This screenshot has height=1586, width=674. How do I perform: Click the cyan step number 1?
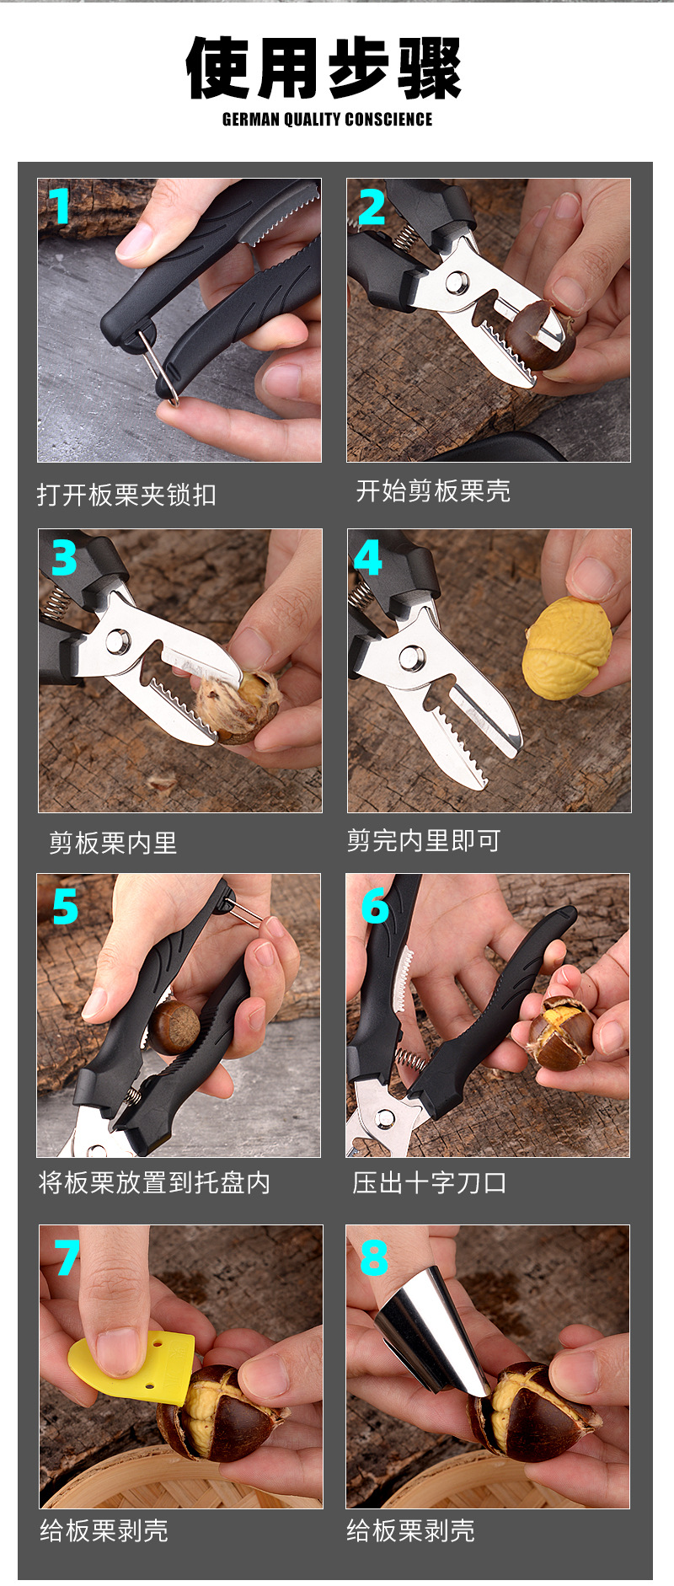point(60,206)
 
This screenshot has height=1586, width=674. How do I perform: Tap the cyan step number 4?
point(368,557)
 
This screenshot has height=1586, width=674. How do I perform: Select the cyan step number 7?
point(67,1257)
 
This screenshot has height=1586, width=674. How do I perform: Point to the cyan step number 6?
point(375,907)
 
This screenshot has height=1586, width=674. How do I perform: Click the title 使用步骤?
point(324,68)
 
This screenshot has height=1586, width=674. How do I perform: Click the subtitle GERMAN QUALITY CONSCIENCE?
point(327,120)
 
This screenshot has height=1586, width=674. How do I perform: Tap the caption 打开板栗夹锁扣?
point(126,495)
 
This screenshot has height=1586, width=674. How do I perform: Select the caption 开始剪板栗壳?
point(433,490)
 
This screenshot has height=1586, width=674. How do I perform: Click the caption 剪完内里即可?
point(424,840)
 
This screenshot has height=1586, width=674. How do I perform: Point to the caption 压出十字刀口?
point(430,1182)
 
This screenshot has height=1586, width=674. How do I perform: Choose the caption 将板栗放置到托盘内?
point(154,1182)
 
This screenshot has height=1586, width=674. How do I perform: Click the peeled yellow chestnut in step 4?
point(567,648)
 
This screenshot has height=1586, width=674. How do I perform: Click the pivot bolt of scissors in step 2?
point(457,281)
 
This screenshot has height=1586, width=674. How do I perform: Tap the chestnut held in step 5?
point(174,1027)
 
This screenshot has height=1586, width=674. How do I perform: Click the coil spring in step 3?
point(56,604)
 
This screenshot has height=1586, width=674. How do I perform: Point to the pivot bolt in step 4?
point(412,658)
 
